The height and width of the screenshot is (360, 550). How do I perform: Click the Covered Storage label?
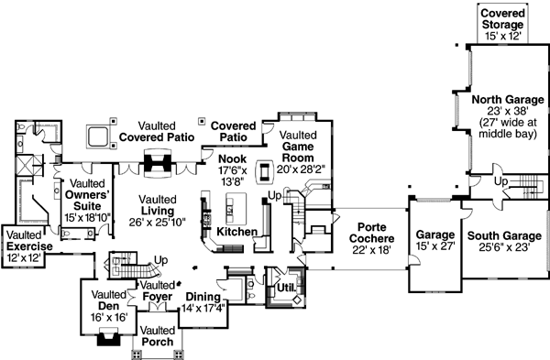coord(503,23)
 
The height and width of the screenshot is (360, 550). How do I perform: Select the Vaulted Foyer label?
coord(157,291)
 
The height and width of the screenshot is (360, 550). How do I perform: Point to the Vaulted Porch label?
coord(158,336)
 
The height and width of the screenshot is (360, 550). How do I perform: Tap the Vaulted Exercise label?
coord(27,242)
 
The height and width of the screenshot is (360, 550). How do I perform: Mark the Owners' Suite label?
coord(87,194)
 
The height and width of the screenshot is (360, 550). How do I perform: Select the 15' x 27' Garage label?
coord(435,241)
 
